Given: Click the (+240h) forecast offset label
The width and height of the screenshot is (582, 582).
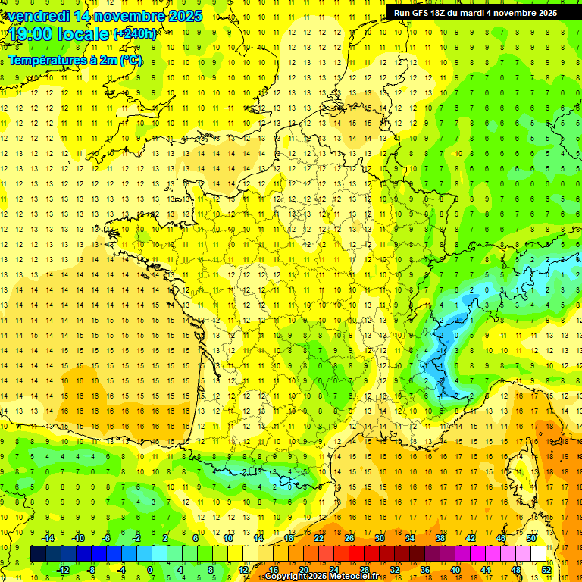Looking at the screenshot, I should click(x=135, y=34).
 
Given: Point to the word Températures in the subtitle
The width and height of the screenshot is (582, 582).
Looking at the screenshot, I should click(x=46, y=59).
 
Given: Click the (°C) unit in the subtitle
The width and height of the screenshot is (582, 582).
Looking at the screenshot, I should click(x=130, y=59).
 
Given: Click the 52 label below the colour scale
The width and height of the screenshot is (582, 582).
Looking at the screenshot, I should click(x=546, y=570).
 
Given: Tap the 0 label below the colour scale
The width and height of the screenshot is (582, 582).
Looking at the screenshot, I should click(x=149, y=570).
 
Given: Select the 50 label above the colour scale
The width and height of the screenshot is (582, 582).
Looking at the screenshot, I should click(x=530, y=538).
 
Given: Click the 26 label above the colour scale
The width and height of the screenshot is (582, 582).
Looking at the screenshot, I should click(x=349, y=538).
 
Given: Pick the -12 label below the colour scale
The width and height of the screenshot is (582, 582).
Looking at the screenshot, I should click(x=64, y=570).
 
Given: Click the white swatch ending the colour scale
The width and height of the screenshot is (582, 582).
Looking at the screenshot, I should click(x=538, y=554).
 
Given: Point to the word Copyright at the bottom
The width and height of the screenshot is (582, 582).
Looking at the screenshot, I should click(x=284, y=577).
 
